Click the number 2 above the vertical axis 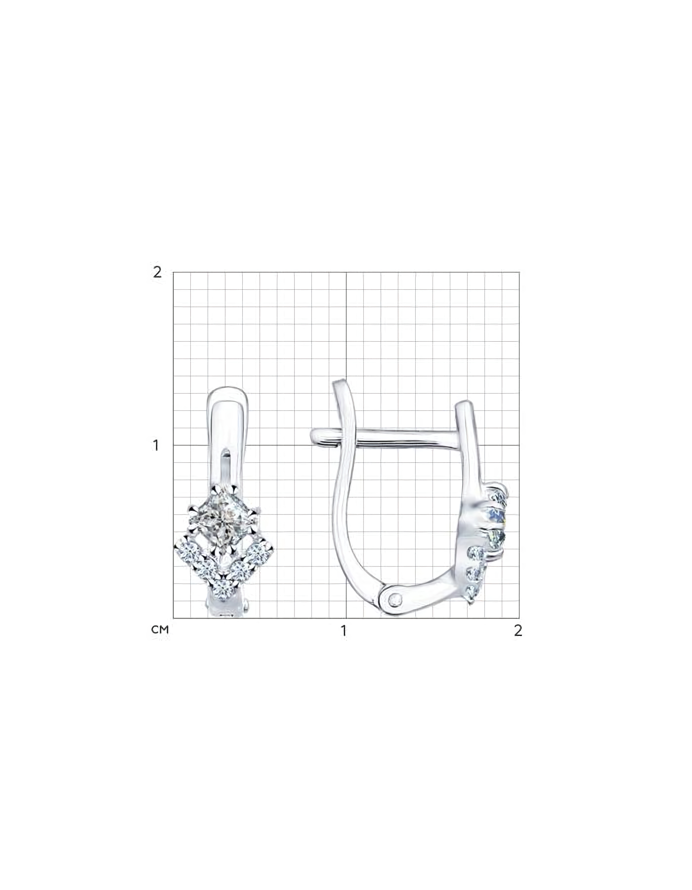point(157,272)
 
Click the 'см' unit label point(160,630)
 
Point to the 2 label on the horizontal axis point(518,631)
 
